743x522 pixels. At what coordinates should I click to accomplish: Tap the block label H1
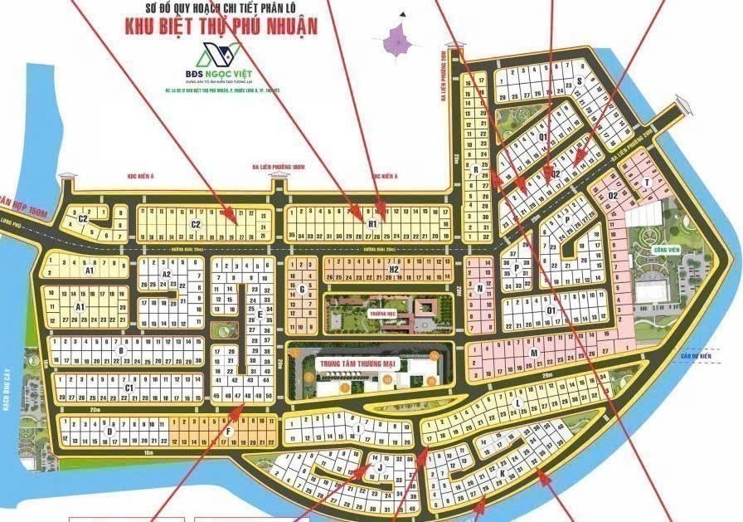click(372, 224)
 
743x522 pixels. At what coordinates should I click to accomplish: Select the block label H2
click(395, 270)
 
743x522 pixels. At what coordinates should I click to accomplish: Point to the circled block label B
click(121, 350)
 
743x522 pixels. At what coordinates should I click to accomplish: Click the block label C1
click(129, 388)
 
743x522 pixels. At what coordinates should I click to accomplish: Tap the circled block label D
click(109, 431)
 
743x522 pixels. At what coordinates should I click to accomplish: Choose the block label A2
click(166, 274)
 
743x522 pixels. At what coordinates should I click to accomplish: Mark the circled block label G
click(303, 289)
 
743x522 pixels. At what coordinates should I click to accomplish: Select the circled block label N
click(480, 288)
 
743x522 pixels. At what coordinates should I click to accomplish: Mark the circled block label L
click(517, 404)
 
